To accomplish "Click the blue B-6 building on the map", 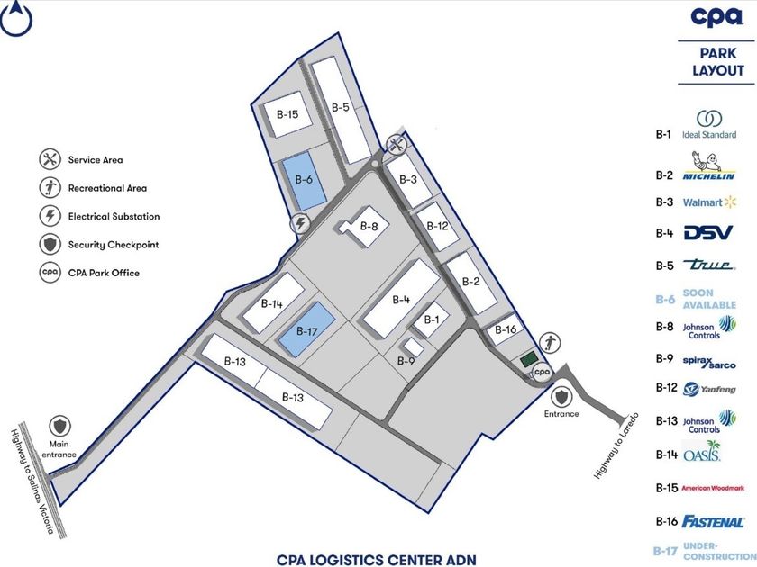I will pos(304,184).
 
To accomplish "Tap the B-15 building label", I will pos(287,114).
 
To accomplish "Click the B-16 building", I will pos(506,331).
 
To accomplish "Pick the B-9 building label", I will pos(406,361).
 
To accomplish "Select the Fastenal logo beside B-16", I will pos(713,521).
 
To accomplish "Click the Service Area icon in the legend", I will pos(49,160).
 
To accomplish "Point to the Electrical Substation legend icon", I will pos(49,216).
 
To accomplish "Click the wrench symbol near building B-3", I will pos(396,143).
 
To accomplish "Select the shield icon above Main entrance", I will pos(59,425).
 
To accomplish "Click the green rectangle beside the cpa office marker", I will pos(527,360).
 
